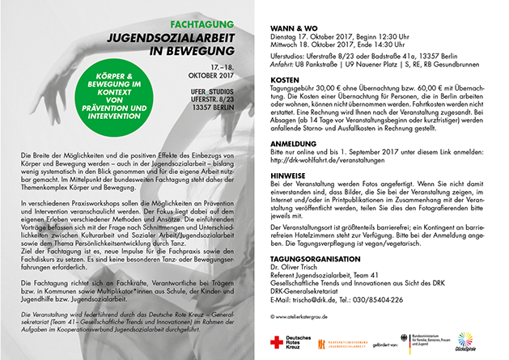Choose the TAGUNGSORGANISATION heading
pyautogui.click(x=315, y=260)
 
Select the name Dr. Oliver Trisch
pyautogui.click(x=296, y=269)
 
